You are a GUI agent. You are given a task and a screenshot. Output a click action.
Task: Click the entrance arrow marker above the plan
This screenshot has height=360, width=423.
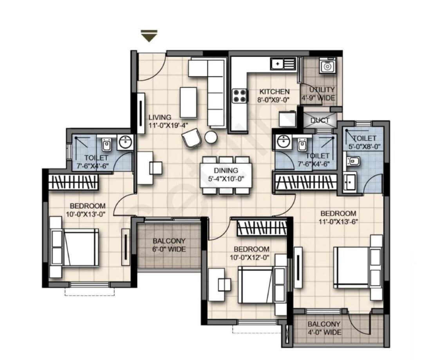coord(149,37)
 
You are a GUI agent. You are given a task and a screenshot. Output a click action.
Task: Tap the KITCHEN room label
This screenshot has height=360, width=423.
coord(274,92)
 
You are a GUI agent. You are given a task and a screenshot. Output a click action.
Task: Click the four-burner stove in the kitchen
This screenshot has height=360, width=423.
coord(240,96)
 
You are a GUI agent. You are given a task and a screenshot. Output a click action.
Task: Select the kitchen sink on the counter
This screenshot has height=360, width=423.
coord(283,63)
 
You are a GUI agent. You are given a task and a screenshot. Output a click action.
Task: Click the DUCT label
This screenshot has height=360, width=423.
coord(320,120)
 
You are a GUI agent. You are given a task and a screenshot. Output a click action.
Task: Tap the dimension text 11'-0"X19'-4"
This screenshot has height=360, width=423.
coord(168,126)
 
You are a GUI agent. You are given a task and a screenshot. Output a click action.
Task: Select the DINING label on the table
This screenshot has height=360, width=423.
coord(226,170)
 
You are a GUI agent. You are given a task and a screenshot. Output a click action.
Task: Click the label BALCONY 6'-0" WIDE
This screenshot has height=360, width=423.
coord(169,245)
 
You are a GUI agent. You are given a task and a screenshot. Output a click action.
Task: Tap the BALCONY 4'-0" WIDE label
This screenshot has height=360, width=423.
coord(324,328)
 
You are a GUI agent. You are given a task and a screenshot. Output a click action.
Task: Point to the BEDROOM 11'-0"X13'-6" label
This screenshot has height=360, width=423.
coord(338,217)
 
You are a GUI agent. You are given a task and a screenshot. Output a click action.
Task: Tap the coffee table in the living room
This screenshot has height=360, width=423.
coord(188,102)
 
